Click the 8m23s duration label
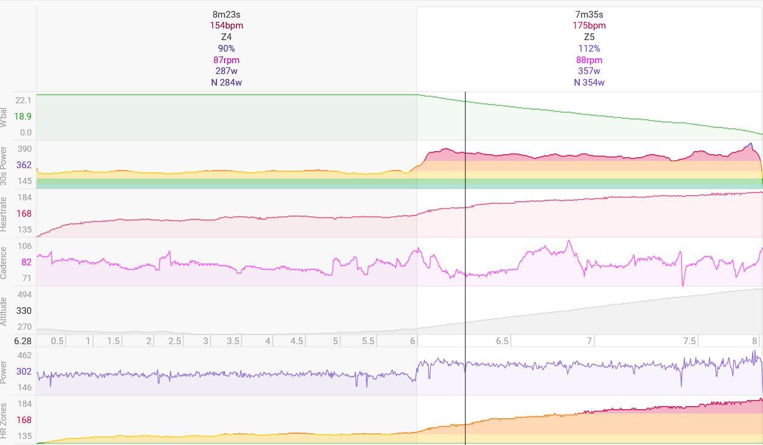point(226,14)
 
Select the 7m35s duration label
point(589,14)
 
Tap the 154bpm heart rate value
point(226,25)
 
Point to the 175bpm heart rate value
point(589,25)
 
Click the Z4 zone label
point(226,37)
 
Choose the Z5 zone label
point(589,37)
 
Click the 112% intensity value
point(589,49)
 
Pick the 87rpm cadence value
point(226,60)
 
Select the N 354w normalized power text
point(589,83)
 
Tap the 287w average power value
point(226,71)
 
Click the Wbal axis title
point(4,117)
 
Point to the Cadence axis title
point(4,262)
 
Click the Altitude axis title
point(4,311)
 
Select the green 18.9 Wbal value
point(23,117)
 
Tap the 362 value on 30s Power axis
point(24,165)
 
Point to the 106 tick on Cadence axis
point(24,246)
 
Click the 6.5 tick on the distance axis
point(502,341)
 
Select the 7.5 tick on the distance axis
point(689,341)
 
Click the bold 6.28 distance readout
point(23,341)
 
